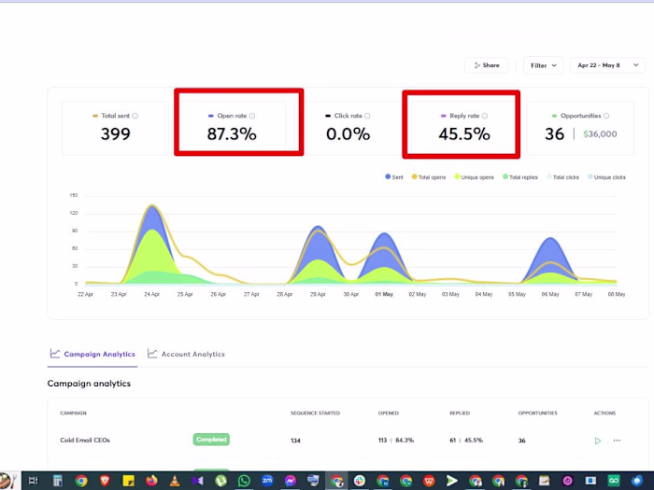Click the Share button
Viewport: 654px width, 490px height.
click(487, 65)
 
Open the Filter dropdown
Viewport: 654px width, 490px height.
click(543, 65)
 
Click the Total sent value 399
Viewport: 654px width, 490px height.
click(115, 134)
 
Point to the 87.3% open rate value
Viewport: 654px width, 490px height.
click(231, 134)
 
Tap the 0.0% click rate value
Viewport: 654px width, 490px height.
click(347, 134)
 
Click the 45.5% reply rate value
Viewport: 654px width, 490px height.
click(463, 134)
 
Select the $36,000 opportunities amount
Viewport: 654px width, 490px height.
click(600, 134)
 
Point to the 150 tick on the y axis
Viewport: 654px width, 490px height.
click(73, 196)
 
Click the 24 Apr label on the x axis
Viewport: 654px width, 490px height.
click(151, 294)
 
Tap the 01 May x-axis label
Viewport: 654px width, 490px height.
click(384, 294)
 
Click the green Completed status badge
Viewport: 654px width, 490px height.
click(211, 440)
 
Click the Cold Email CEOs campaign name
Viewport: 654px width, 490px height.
click(92, 441)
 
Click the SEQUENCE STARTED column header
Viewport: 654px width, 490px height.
click(315, 413)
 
